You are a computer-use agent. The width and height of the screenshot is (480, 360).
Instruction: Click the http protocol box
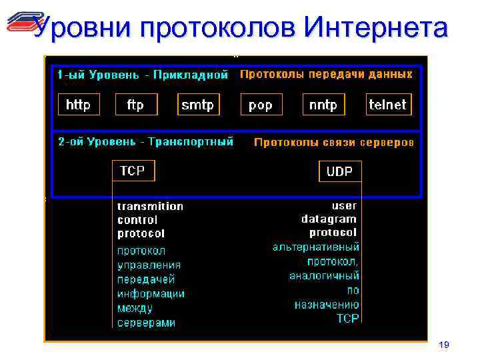78,105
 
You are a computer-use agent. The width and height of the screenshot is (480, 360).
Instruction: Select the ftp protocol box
135,105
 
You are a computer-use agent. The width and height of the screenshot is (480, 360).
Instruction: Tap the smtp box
198,105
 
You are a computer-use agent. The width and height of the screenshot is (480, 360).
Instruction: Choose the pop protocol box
260,105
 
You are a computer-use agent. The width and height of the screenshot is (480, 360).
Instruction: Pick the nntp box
323,105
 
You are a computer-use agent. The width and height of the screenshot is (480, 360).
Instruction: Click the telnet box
387,105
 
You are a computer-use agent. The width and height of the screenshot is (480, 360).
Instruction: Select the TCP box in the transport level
133,171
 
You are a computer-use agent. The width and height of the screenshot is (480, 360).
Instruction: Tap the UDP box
339,171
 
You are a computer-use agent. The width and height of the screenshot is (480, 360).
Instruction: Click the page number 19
445,345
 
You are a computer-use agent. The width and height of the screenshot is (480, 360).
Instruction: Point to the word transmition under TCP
150,206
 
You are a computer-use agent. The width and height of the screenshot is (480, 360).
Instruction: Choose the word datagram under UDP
329,219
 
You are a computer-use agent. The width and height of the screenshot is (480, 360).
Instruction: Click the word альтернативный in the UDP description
316,247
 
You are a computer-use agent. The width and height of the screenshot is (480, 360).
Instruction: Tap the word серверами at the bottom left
147,323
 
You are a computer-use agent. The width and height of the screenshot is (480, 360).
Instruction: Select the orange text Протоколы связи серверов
334,142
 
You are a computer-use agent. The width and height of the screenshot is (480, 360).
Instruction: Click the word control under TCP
137,219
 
